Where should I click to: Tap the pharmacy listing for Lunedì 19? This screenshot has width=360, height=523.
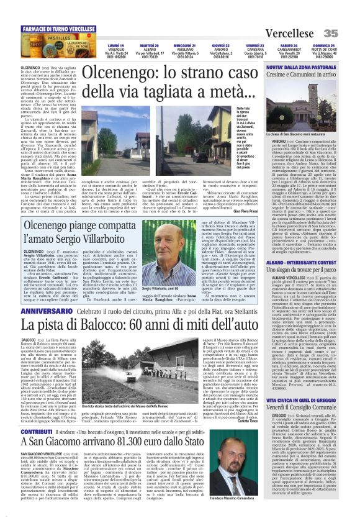pos(98,50)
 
